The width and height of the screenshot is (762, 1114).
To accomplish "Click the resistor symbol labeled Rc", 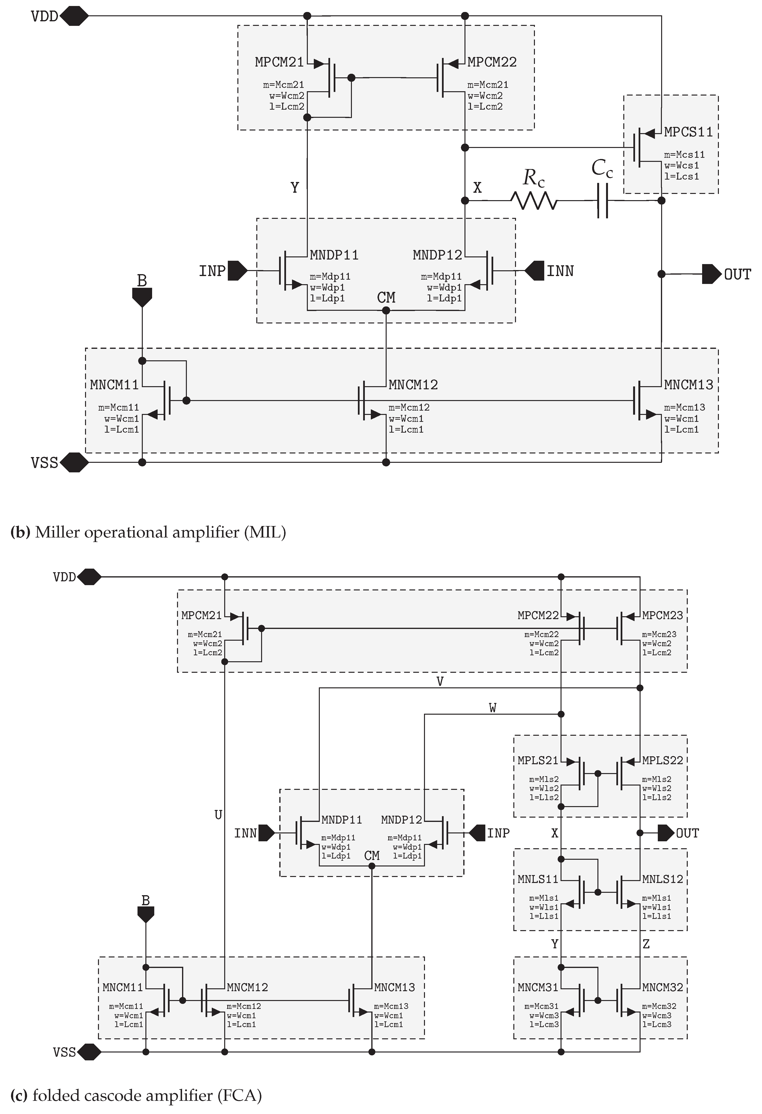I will coord(534,200).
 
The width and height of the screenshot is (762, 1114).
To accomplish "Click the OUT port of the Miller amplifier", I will coord(712,274).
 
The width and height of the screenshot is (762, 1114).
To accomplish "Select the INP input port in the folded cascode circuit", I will coord(477,833).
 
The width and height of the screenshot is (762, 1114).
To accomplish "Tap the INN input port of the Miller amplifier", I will coord(534,271).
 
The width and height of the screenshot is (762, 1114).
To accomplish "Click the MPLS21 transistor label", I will coord(538,760).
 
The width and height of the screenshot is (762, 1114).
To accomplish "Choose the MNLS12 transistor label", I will coord(662,879).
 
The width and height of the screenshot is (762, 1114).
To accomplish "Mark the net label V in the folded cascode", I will coord(440,681).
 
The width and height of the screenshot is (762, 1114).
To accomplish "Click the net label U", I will coord(218,815).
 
